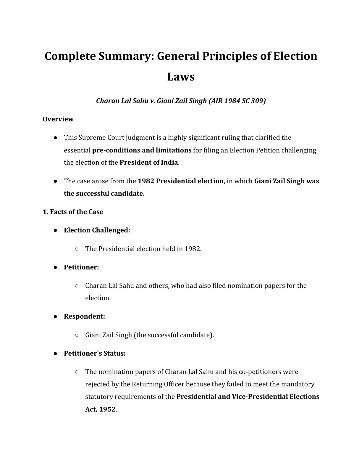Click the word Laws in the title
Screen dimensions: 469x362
[181, 77]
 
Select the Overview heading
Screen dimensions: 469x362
[58, 119]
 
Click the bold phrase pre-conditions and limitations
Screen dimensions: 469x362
[142, 150]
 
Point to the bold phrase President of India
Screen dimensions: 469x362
[149, 163]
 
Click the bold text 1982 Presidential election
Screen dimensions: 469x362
[180, 181]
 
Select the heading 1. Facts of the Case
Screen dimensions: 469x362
[73, 212]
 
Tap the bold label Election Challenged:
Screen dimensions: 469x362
[97, 230]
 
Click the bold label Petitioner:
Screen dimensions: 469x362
[81, 267]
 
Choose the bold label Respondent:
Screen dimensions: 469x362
[84, 317]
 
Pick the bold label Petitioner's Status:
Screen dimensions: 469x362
[95, 354]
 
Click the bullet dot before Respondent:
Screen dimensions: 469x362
[55, 317]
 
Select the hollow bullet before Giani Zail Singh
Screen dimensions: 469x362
[77, 335]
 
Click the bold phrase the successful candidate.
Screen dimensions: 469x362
[104, 194]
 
